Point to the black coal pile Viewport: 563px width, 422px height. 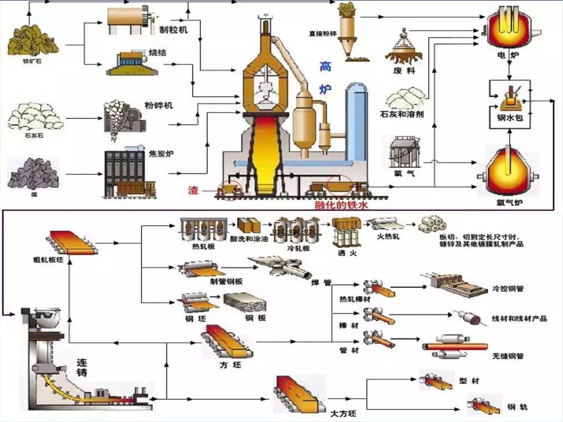[x=32, y=172]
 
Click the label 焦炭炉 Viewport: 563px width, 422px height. [x=161, y=155]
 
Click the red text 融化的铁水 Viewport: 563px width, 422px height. [x=344, y=206]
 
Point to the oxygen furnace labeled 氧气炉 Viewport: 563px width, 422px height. [x=508, y=170]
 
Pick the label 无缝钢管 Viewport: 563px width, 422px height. [x=507, y=356]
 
